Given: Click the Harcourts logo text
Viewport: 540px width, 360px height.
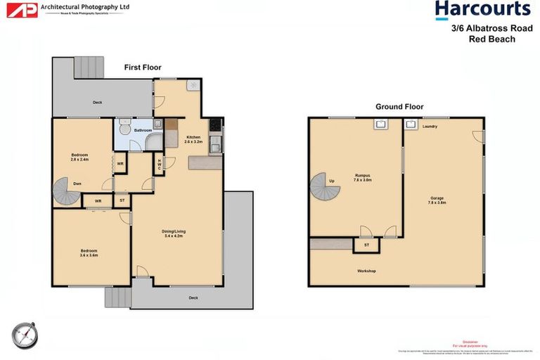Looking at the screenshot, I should click(482, 10).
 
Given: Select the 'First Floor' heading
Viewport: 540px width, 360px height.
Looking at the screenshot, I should click(143, 67).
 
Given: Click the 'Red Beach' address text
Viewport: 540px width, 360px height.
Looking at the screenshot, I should click(492, 39).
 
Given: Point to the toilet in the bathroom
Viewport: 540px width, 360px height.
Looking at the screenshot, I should click(124, 129).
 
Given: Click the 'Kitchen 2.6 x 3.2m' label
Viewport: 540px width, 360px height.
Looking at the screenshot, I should click(193, 139).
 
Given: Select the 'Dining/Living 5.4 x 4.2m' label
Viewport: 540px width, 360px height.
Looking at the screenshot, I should click(174, 234).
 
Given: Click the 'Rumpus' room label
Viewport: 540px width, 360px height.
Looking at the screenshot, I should click(363, 177).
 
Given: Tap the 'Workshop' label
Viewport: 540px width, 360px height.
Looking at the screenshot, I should click(366, 271).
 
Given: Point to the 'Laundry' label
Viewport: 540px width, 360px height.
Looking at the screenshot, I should click(430, 127).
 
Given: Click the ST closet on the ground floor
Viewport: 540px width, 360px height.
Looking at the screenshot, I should click(366, 245).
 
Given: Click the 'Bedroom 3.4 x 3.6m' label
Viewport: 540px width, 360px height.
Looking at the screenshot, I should click(89, 253).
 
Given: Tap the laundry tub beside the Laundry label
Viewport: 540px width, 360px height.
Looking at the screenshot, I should click(411, 125).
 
